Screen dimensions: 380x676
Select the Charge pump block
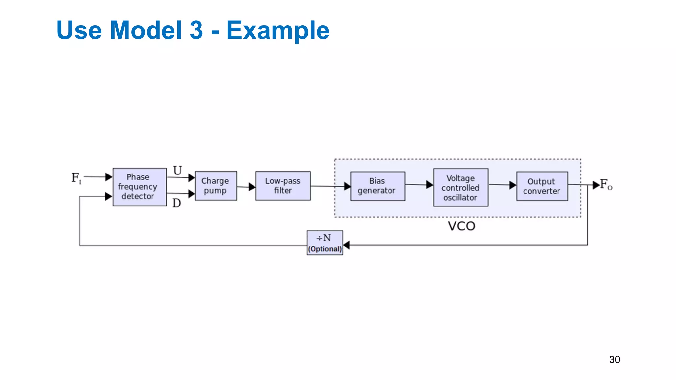pos(216,186)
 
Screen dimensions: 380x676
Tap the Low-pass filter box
pos(283,186)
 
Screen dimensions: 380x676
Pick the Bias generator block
pos(377,186)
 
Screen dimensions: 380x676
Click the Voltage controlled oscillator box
pos(460,188)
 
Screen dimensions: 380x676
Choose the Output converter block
pos(542,186)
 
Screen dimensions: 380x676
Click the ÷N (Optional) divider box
pos(324,243)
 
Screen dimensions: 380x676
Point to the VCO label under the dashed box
pos(461,226)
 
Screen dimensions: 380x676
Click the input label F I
pos(76,178)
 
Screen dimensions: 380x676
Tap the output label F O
pos(606,185)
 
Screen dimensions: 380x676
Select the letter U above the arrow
pos(178,171)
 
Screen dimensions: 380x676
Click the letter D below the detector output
pos(177,203)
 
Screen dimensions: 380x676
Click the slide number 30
pos(614,359)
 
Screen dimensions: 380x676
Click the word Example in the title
pos(278,30)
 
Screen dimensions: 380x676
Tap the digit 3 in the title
pos(196,30)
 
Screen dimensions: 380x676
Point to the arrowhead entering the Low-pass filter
pos(252,187)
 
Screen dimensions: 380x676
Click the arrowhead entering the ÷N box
pos(346,245)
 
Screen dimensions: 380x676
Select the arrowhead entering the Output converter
pos(513,185)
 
